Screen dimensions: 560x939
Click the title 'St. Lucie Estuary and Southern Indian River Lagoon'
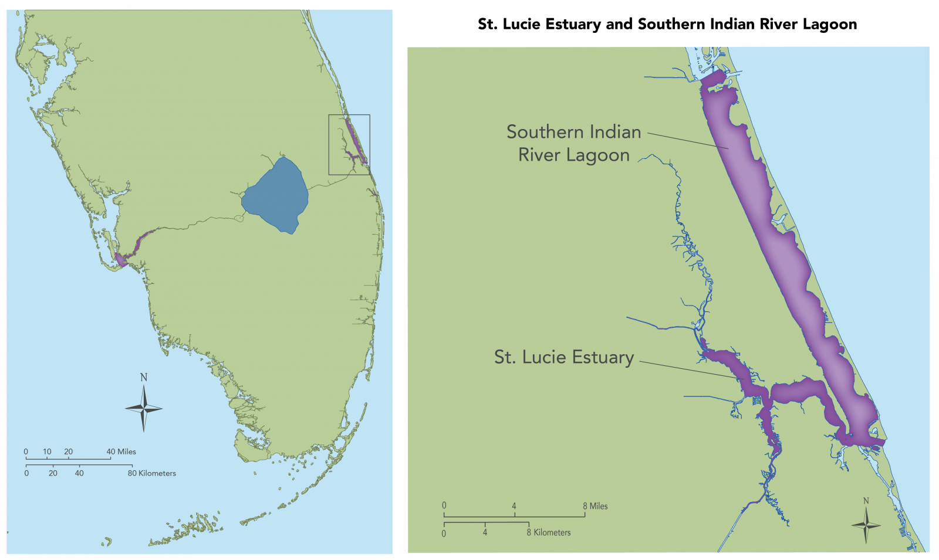(x=667, y=24)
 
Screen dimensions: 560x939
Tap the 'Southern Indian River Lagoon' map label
(x=573, y=143)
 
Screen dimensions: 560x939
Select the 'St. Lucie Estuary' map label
(x=563, y=357)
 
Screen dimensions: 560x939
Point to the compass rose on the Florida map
(x=144, y=409)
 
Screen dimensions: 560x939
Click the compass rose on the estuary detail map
(x=866, y=525)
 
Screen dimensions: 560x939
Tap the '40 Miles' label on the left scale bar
(x=121, y=452)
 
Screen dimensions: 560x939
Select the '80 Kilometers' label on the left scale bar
(x=152, y=473)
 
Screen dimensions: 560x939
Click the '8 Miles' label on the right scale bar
(x=595, y=506)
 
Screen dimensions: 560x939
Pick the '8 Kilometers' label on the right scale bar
(x=549, y=532)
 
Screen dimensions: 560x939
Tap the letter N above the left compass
(x=144, y=377)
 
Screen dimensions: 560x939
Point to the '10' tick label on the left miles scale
(x=47, y=452)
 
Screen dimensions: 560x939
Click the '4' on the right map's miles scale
(x=514, y=506)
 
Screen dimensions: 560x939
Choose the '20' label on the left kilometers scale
(x=53, y=473)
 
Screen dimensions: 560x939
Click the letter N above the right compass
(x=866, y=501)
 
